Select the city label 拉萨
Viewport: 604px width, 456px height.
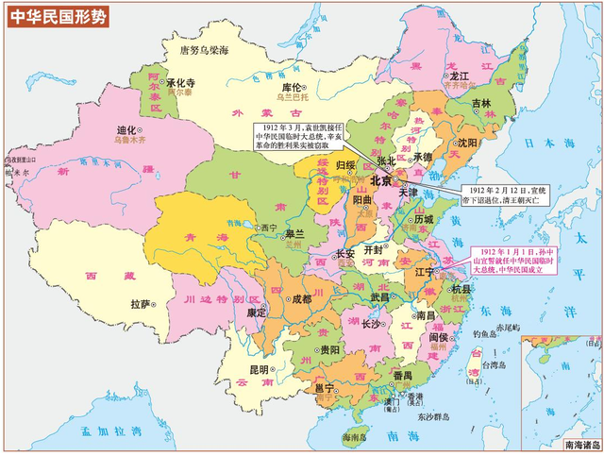[x=141, y=304]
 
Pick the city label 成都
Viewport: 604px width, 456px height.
[x=301, y=299]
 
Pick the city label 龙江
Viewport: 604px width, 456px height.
[x=460, y=74]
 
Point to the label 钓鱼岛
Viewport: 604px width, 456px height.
[x=486, y=333]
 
